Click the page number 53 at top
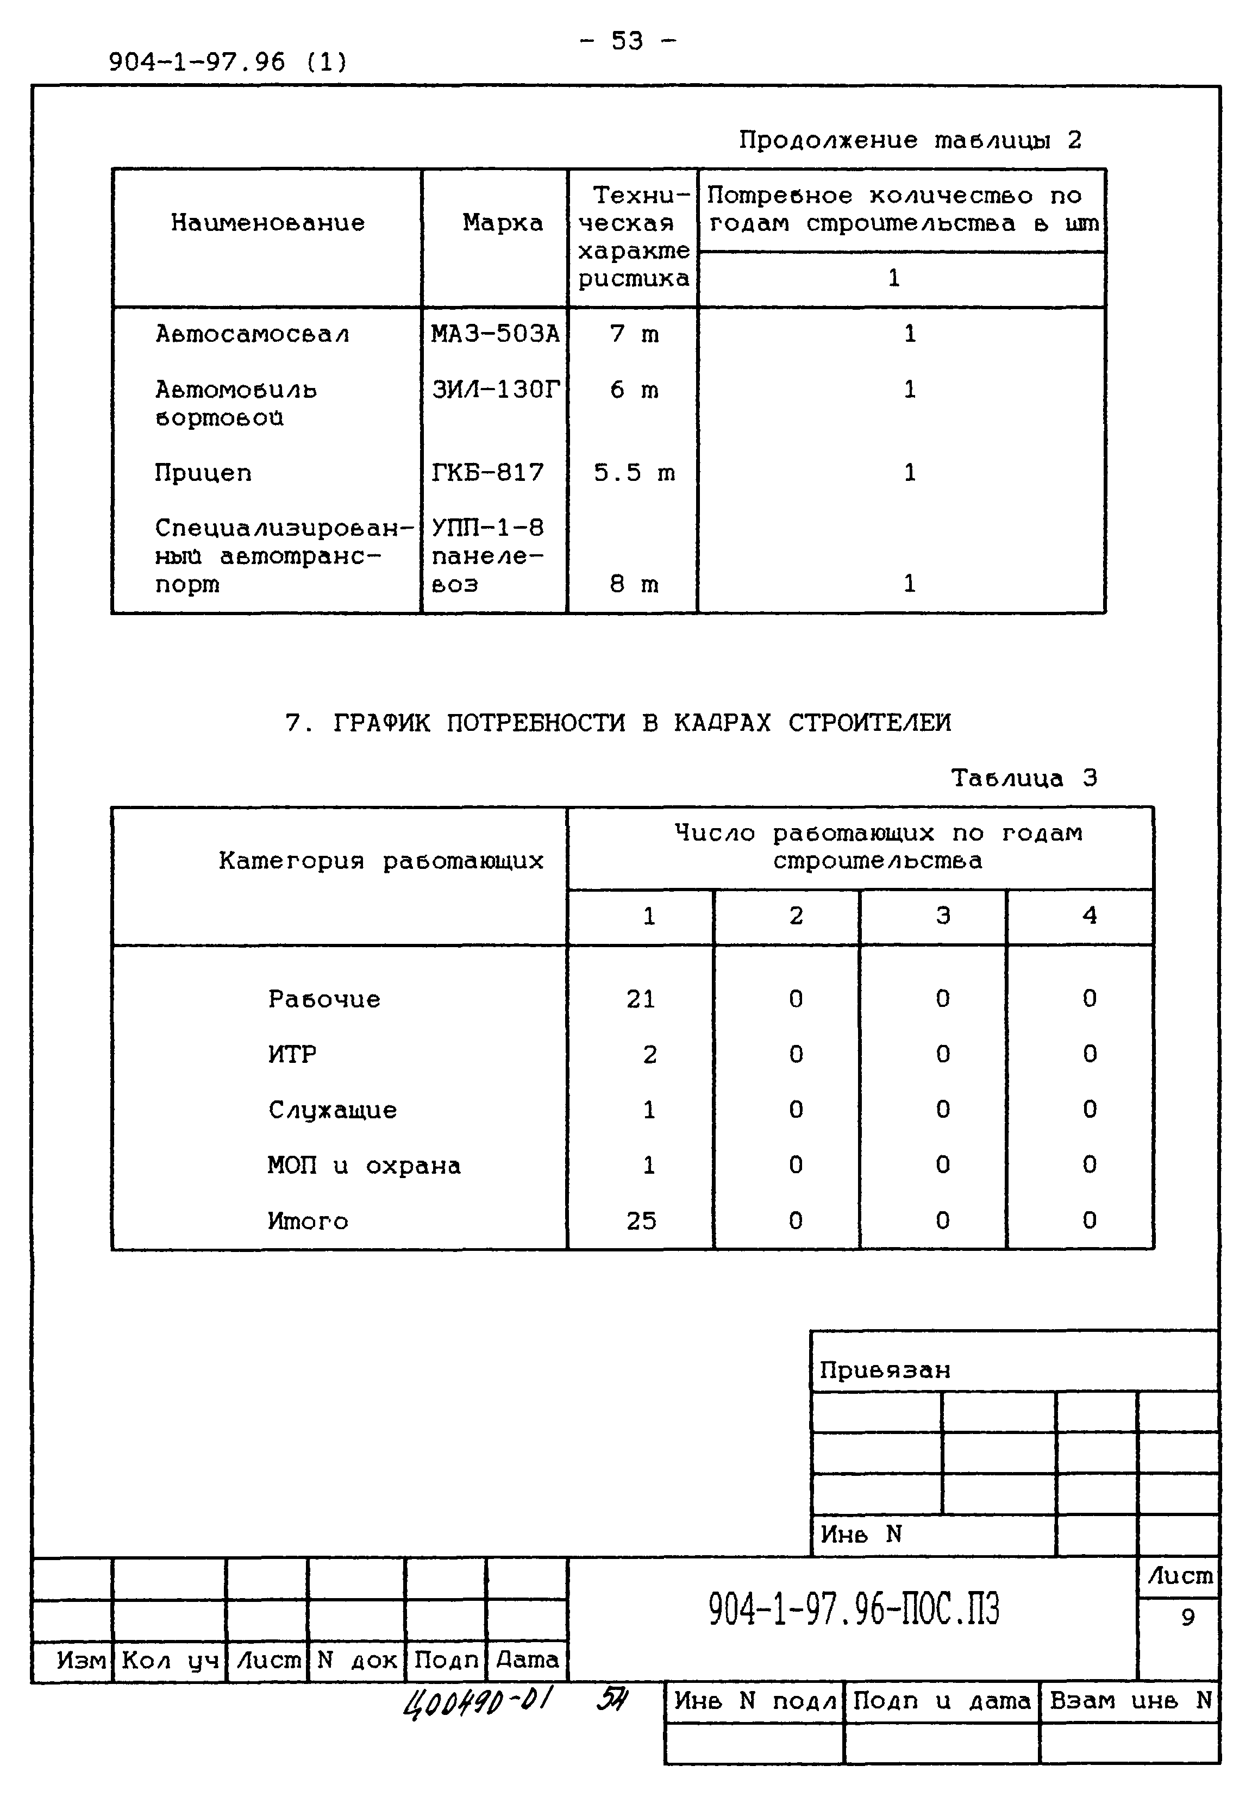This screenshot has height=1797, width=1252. [x=627, y=41]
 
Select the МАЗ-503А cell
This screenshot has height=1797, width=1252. [x=494, y=334]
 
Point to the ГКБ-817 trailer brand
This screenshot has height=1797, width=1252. [x=487, y=472]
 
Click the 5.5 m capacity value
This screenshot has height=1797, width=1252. [x=633, y=473]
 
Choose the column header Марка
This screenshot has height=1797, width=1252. [x=502, y=223]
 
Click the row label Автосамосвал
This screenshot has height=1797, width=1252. [x=252, y=334]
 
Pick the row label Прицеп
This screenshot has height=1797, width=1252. [x=203, y=473]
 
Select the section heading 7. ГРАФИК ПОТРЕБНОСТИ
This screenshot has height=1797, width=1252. [x=618, y=722]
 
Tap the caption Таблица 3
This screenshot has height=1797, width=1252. [x=1024, y=778]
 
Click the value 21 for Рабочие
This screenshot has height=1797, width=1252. [x=640, y=999]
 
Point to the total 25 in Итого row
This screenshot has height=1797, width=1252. [x=640, y=1221]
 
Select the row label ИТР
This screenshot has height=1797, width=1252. [x=292, y=1054]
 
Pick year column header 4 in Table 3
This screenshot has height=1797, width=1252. [x=1088, y=915]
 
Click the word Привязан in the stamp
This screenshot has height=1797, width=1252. [x=884, y=1370]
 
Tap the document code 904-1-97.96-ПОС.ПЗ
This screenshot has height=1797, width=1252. [x=853, y=1610]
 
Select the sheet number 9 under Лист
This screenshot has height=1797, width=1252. [x=1187, y=1618]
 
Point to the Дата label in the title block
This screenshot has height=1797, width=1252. [x=527, y=1660]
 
